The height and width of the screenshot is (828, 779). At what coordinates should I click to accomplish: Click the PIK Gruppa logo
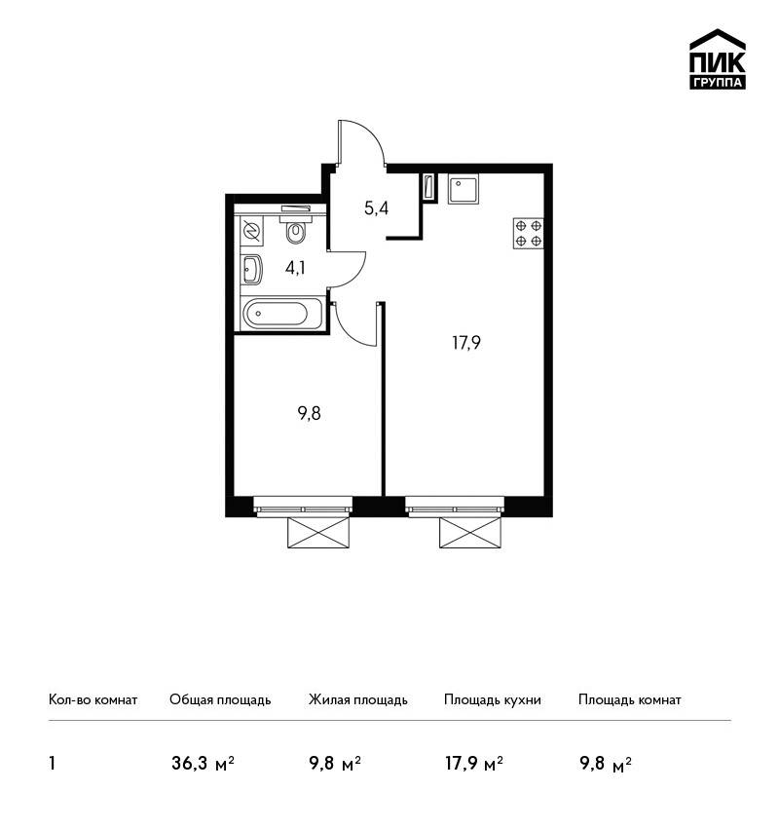(718, 59)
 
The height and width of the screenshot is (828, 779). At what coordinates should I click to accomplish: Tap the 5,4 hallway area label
(376, 208)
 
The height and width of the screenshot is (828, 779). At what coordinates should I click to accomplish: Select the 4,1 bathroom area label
(295, 268)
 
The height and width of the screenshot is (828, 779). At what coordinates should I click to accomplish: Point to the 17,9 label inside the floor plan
(466, 343)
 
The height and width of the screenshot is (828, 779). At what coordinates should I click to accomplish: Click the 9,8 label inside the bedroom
(310, 413)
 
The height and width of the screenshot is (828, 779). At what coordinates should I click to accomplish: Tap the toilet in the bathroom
(296, 227)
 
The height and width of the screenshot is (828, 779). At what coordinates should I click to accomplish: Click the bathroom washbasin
(251, 269)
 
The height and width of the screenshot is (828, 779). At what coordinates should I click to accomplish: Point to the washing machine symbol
(250, 232)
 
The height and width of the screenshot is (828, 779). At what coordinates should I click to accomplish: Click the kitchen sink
(463, 190)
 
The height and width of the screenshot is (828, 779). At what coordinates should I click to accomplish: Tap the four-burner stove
(529, 234)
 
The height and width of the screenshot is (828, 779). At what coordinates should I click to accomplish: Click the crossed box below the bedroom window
(318, 532)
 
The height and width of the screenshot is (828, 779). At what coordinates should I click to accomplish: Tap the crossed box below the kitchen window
(470, 532)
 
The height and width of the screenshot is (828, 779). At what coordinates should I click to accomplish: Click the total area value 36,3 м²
(203, 764)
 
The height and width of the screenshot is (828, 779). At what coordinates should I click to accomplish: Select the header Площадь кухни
(493, 699)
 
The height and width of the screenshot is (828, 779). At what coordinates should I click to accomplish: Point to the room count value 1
(52, 764)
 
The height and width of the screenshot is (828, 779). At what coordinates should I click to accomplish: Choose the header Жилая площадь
(357, 699)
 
